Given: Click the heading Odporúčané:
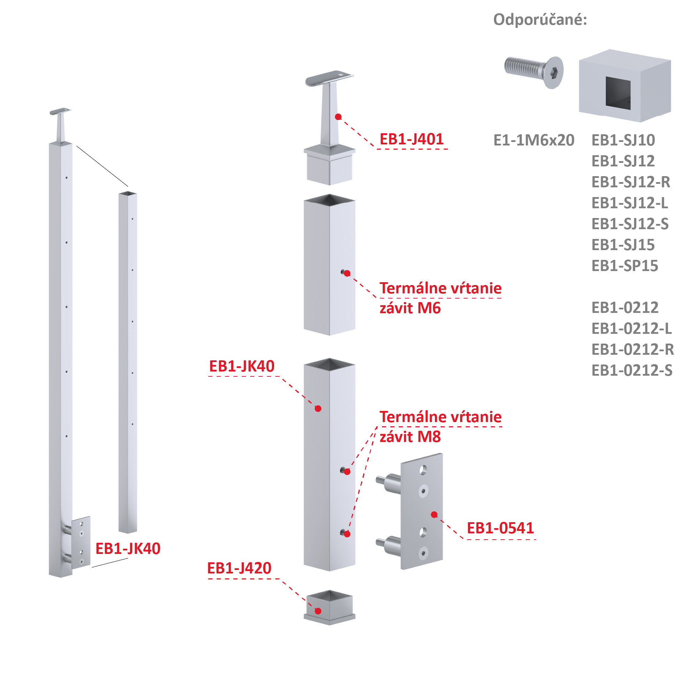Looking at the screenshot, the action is point(540,20).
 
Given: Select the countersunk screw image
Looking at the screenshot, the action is point(534,72).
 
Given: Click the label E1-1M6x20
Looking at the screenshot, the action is point(534,140).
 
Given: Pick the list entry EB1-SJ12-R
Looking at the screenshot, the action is point(631,182).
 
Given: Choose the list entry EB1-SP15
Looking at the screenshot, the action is point(625,266).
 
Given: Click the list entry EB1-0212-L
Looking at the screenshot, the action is point(631,329).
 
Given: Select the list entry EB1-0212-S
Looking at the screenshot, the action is point(632,371).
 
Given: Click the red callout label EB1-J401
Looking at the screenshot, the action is point(412,140).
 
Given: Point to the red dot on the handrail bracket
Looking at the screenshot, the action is point(338,117).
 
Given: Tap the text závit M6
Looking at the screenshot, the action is point(410,308).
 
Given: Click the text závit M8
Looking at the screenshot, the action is point(410,437).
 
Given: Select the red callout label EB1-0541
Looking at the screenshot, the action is point(500,528).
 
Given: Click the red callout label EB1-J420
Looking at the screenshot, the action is point(239,568).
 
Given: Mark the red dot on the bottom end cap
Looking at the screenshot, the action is point(318,611).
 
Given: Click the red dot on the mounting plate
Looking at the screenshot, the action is point(434,515).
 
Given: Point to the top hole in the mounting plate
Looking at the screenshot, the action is point(423,470).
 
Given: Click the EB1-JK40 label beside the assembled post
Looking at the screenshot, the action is point(128,549).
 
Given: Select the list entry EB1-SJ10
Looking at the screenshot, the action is point(623,140).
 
